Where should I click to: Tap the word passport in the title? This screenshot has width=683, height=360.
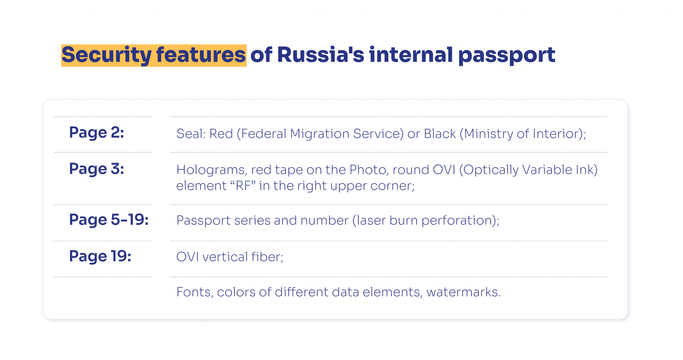click(x=507, y=55)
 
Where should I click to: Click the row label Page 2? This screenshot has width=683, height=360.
click(x=96, y=132)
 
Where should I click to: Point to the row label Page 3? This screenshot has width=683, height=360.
click(x=96, y=169)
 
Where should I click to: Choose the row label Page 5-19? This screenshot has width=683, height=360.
click(x=109, y=220)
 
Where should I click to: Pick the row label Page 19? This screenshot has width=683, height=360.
click(x=100, y=256)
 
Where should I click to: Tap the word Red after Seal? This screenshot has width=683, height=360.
click(x=221, y=134)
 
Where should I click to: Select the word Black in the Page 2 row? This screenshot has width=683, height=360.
click(x=440, y=134)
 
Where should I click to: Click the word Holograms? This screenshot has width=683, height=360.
click(x=211, y=170)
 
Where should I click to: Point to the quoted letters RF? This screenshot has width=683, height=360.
click(x=243, y=186)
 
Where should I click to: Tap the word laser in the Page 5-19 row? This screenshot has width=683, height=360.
click(x=371, y=221)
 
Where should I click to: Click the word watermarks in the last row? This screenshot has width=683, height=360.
click(x=463, y=292)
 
